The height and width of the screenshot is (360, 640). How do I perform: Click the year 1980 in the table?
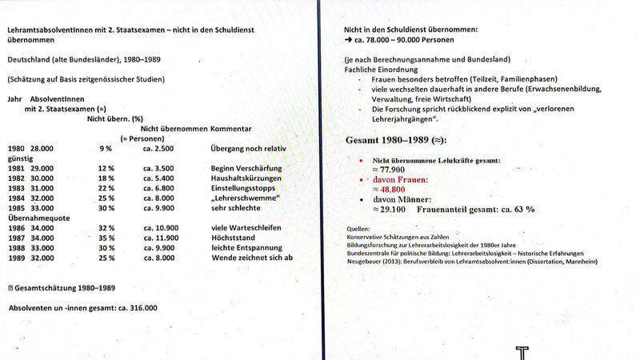pos(15,149)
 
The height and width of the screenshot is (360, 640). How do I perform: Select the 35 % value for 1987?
pos(106,238)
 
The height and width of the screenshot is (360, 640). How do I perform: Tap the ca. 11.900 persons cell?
pos(160,238)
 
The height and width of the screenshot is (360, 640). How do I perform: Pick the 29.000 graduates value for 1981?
pos(42,168)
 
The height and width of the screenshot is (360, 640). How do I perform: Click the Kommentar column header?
pos(231,128)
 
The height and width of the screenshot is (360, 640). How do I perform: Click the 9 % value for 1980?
pos(106,149)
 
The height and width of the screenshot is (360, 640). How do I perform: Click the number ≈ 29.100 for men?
pos(390,209)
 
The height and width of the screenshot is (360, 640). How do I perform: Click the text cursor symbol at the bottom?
pos(522,352)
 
